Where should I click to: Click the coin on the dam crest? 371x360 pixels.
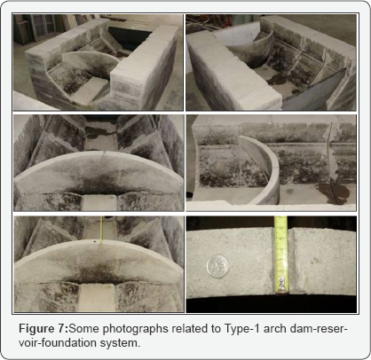[x=218, y=267]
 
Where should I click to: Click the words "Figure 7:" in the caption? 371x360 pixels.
[x=43, y=329]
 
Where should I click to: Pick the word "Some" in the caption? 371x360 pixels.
[x=84, y=329]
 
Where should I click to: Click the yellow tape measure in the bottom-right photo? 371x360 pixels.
[x=280, y=255]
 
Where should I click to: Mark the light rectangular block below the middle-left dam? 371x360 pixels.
[x=99, y=202]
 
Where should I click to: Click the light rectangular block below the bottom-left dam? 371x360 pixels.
[x=98, y=297]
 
